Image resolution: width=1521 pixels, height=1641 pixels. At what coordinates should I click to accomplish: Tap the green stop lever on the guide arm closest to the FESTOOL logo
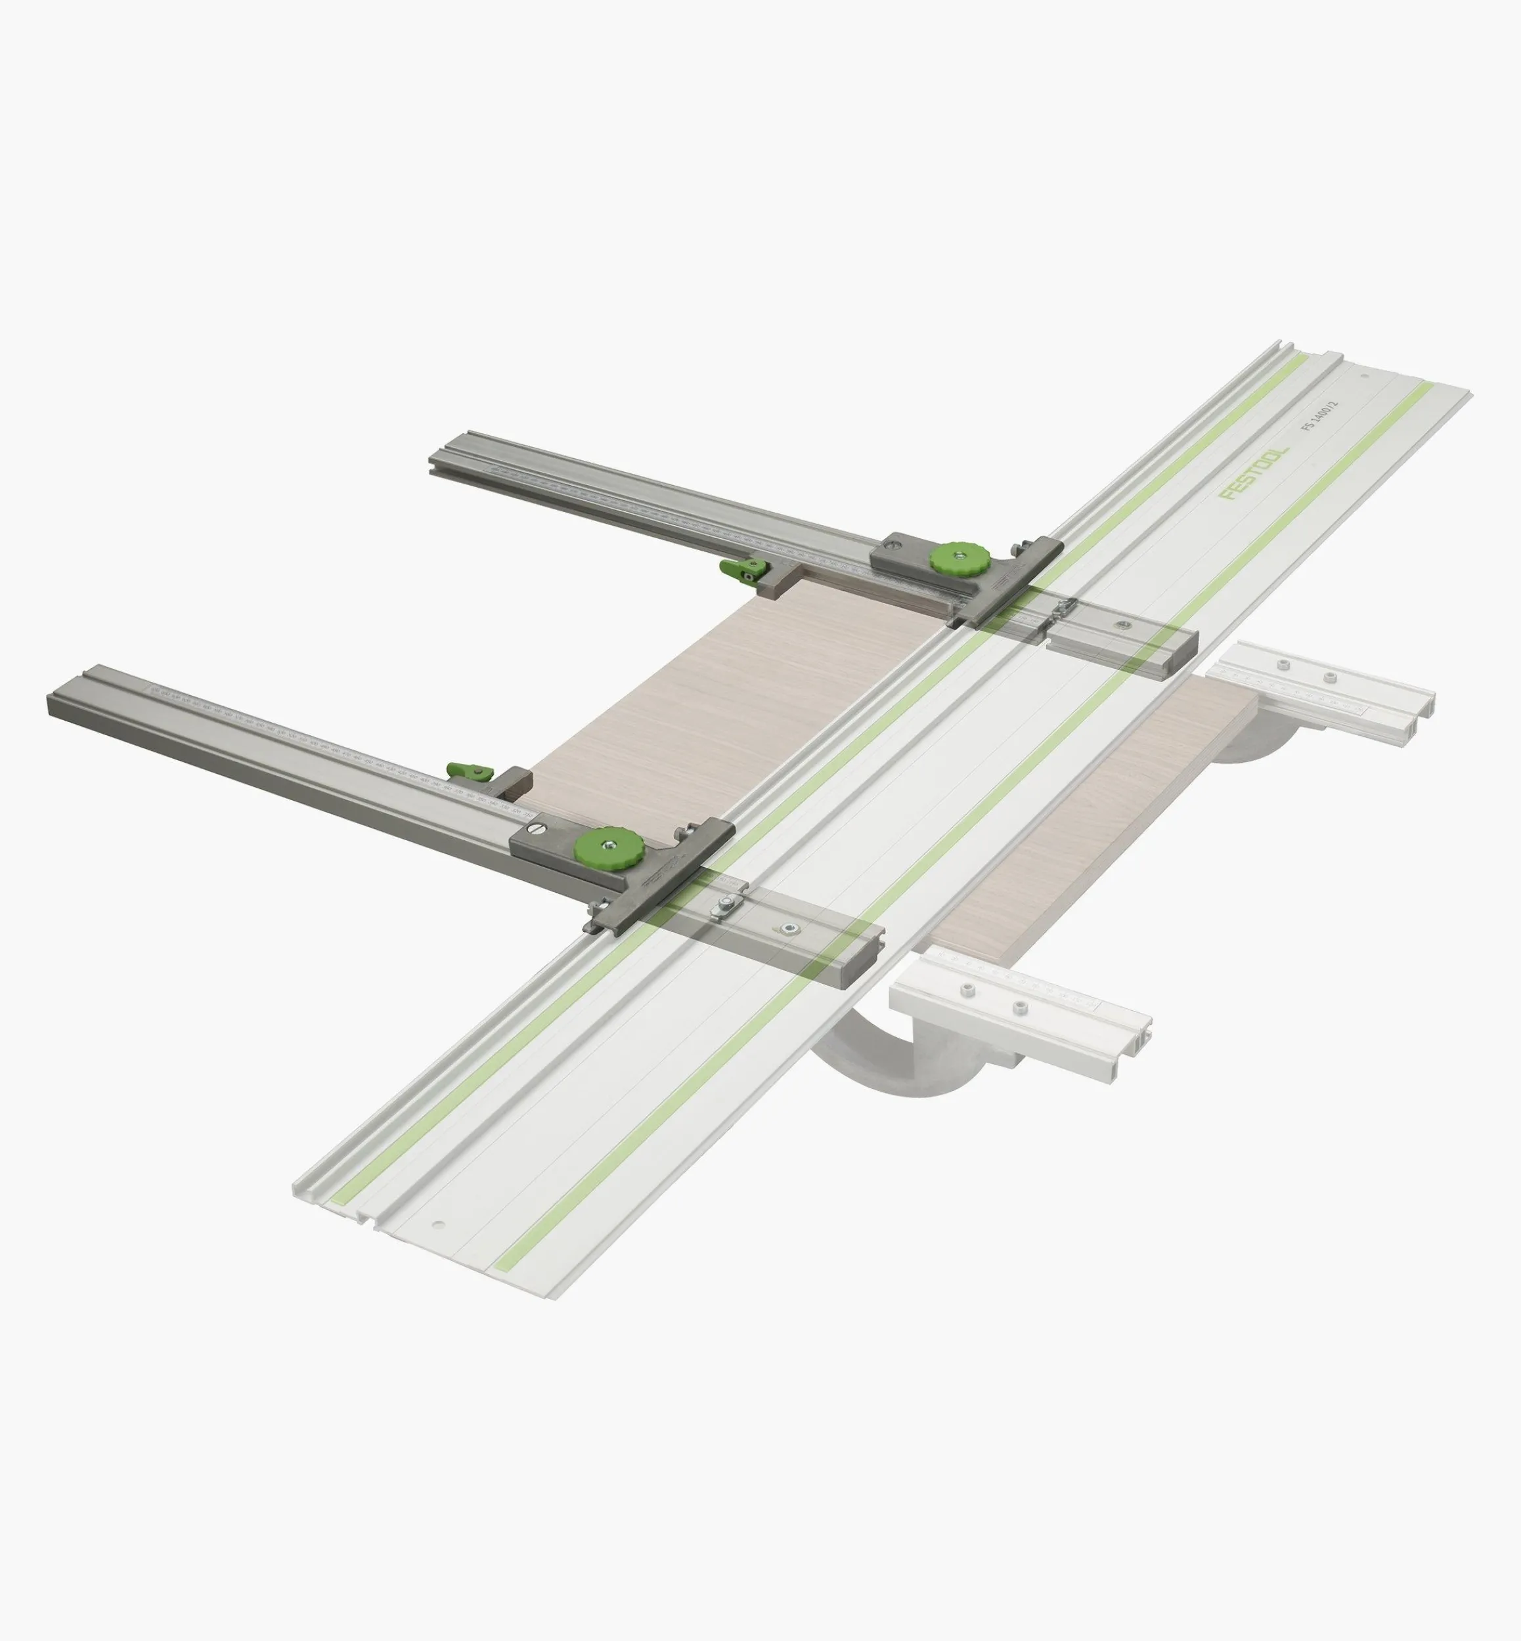coord(743,568)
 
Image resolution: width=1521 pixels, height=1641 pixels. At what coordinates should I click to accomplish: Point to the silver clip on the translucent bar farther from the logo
coord(726,905)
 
